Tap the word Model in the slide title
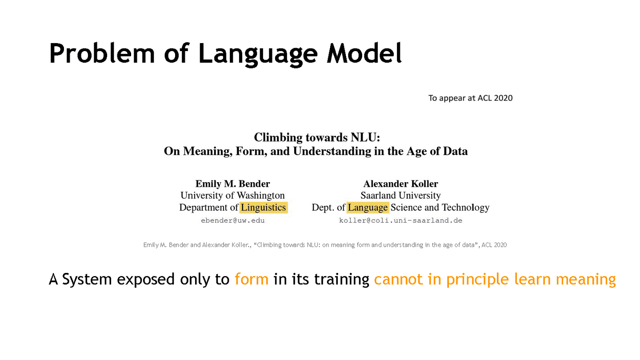pyautogui.click(x=364, y=53)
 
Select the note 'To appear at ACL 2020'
pyautogui.click(x=470, y=98)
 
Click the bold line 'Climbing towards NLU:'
pyautogui.click(x=316, y=138)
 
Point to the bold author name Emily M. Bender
pyautogui.click(x=232, y=184)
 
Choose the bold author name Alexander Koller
pyautogui.click(x=400, y=184)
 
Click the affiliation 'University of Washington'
pyautogui.click(x=232, y=195)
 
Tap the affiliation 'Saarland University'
pyautogui.click(x=400, y=195)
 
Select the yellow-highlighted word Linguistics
pyautogui.click(x=264, y=207)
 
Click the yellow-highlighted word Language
pyautogui.click(x=368, y=207)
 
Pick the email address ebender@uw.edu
pyautogui.click(x=232, y=220)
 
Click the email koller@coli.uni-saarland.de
pyautogui.click(x=400, y=220)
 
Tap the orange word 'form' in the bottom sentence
pyautogui.click(x=252, y=279)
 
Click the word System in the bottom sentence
pyautogui.click(x=87, y=280)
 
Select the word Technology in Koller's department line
pyautogui.click(x=465, y=207)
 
